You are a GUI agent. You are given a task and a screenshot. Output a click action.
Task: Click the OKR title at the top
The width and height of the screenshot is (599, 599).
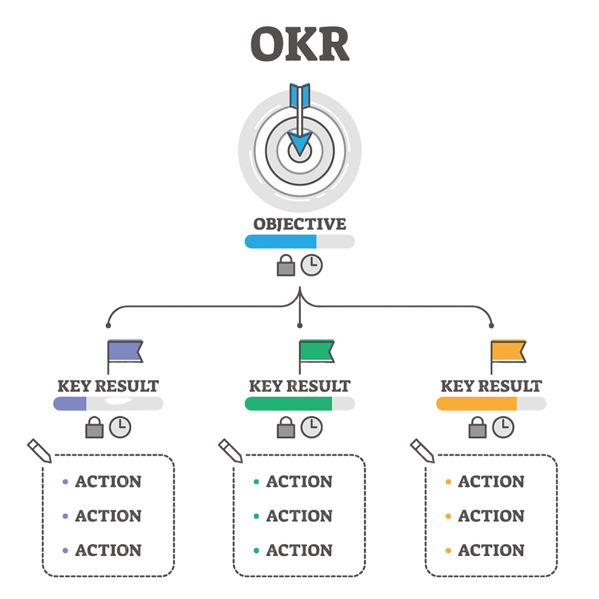coord(299,44)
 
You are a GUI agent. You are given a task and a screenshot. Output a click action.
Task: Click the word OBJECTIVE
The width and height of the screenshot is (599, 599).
coord(299,224)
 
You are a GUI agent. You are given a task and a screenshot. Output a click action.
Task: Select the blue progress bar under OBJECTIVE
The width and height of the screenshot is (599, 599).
coord(299,242)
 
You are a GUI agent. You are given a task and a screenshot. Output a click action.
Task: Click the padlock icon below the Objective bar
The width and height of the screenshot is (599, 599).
coord(286,267)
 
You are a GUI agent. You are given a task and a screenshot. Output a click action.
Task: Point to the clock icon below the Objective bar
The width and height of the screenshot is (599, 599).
coord(311,266)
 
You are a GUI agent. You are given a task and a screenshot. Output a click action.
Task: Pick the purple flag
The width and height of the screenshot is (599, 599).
coord(125,352)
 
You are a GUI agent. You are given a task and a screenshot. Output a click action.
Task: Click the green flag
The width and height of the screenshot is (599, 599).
coord(316,352)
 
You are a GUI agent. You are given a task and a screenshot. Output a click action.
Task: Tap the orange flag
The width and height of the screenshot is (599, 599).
coord(508,352)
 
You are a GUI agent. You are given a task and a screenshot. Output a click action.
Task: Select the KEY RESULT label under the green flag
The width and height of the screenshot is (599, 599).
coord(299,386)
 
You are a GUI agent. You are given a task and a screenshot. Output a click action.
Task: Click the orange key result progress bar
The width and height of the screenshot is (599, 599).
coord(491,404)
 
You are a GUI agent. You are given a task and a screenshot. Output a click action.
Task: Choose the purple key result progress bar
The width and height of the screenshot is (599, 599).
coord(108,404)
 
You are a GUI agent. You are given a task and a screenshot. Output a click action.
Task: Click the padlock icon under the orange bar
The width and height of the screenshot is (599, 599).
coord(477,429)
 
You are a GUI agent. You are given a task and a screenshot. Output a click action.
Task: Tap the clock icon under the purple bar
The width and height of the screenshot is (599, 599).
coord(120,427)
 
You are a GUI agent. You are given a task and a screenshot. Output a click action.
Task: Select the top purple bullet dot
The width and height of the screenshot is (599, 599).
coord(65,482)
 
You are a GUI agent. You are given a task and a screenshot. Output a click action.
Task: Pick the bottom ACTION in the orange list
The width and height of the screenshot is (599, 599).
coord(491,550)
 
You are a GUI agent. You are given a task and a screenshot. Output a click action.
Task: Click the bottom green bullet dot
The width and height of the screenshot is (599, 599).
coord(256,550)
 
